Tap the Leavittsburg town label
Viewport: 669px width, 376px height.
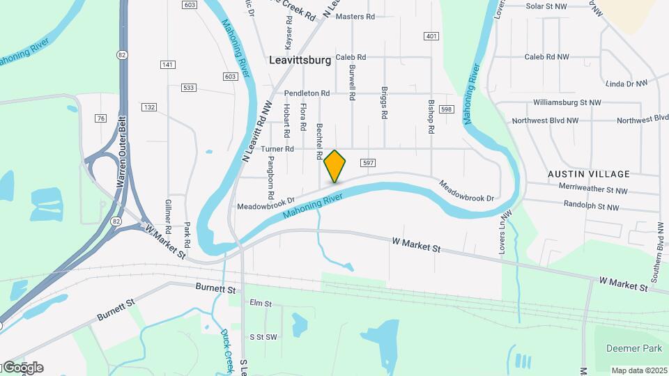[x=300, y=61]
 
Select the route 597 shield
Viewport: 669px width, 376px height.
[x=369, y=163]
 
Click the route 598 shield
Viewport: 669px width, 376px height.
[x=447, y=109]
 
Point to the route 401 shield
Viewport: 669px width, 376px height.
[x=431, y=36]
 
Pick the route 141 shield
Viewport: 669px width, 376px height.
[x=167, y=65]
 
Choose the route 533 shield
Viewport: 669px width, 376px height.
[x=188, y=88]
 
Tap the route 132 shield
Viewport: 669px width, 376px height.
[x=148, y=107]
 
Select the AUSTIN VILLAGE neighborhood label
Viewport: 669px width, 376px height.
[x=589, y=174]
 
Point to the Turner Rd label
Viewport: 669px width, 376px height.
[x=277, y=149]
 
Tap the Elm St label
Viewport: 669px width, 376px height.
[x=260, y=304]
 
